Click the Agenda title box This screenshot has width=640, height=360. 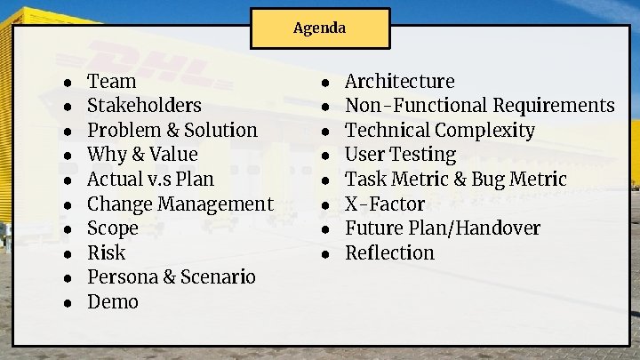pos(319,28)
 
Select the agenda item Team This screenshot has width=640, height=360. pos(112,81)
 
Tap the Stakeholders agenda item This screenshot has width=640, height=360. pos(144,105)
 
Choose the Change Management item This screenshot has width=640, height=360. pos(180,204)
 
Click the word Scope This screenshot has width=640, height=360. pos(113,228)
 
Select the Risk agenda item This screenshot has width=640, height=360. pos(107,252)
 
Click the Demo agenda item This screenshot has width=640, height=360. pos(113,301)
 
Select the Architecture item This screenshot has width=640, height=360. pos(399,81)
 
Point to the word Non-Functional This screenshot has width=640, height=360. pos(414,106)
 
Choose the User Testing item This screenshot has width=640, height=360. pos(400,155)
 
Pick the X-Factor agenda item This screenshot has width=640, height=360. pos(385,204)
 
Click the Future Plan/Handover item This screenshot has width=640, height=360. pos(442,228)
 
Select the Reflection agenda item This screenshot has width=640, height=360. pos(389,252)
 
